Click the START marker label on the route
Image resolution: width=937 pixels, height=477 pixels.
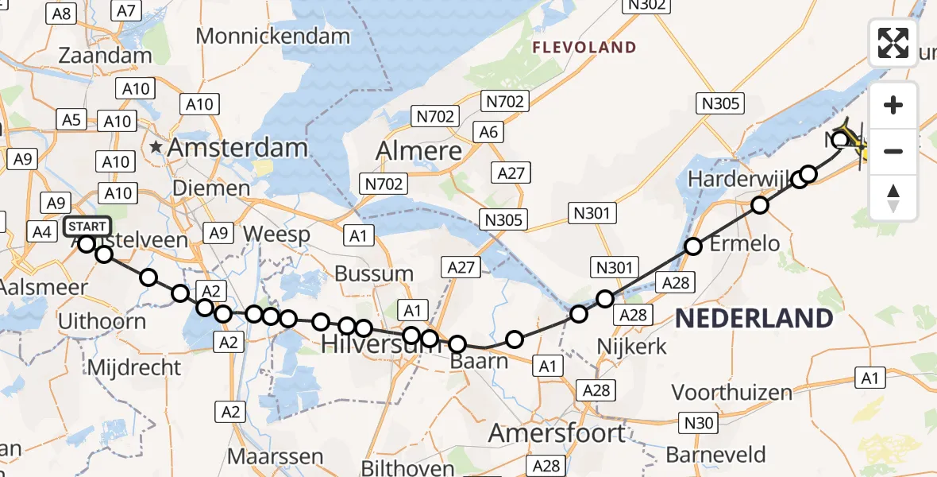(87, 227)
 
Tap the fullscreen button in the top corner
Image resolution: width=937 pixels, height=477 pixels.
(893, 43)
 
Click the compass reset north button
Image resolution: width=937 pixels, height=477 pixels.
(893, 198)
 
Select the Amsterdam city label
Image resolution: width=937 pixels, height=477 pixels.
(237, 147)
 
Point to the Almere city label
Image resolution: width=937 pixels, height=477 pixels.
(418, 150)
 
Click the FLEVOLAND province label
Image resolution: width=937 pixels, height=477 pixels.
(584, 48)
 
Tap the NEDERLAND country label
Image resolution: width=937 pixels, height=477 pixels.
(754, 319)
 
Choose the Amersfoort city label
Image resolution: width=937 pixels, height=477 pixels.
(557, 433)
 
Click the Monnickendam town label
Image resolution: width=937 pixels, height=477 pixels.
(272, 36)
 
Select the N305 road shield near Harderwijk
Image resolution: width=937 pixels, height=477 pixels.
(720, 103)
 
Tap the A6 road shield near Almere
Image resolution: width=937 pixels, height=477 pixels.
(488, 132)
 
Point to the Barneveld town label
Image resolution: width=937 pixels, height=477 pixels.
(716, 455)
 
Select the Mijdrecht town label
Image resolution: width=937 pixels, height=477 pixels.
(133, 367)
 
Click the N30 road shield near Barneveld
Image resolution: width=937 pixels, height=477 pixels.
(699, 423)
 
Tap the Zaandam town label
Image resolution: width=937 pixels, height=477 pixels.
(105, 56)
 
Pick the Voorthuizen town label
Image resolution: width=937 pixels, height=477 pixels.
(731, 392)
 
